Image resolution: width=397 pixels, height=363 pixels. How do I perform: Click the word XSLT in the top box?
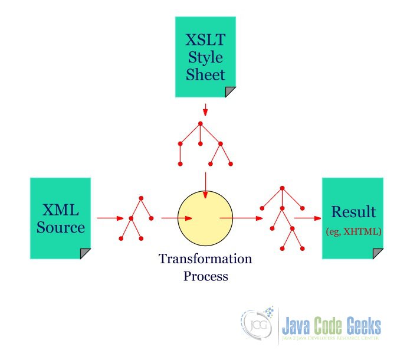[205, 40]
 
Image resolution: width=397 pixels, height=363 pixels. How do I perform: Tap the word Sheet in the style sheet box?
[205, 75]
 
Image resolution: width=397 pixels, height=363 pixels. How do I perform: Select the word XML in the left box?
[61, 210]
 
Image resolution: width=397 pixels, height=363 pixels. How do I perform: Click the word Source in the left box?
[61, 228]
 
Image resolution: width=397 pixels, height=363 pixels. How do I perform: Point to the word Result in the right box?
[353, 212]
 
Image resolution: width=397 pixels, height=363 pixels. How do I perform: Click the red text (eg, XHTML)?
[353, 232]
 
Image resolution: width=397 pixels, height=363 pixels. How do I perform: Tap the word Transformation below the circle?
[205, 259]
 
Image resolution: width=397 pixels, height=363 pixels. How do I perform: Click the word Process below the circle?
[205, 276]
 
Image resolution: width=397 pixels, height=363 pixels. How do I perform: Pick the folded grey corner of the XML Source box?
[85, 253]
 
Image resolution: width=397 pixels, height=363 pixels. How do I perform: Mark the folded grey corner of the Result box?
[378, 253]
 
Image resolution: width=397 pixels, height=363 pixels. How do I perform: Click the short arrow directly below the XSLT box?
[205, 110]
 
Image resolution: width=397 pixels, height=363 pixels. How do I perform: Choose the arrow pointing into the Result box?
[307, 218]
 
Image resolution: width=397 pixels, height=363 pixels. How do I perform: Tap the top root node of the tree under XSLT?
[201, 123]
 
